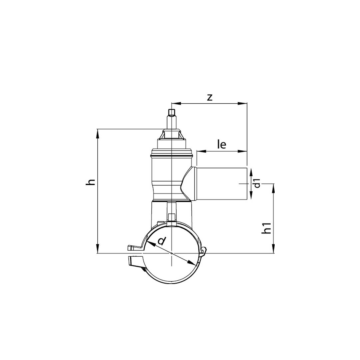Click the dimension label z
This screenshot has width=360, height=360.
pos(210,97)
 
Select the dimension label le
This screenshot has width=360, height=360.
pos(222,144)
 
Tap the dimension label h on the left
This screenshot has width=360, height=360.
pos(91,182)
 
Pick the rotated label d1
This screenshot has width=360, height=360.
pos(257,183)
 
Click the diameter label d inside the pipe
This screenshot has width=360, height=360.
pos(162,241)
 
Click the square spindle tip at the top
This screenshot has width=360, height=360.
pos(172,113)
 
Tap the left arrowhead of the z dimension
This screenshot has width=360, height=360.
pos(175,104)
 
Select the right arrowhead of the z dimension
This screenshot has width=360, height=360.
pos(243,104)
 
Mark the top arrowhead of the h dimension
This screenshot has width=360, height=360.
pos(98,132)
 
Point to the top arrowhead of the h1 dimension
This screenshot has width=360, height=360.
pos(274,187)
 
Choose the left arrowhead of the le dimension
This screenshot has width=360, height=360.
pos(200,151)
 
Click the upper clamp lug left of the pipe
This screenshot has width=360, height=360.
pos(135,247)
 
